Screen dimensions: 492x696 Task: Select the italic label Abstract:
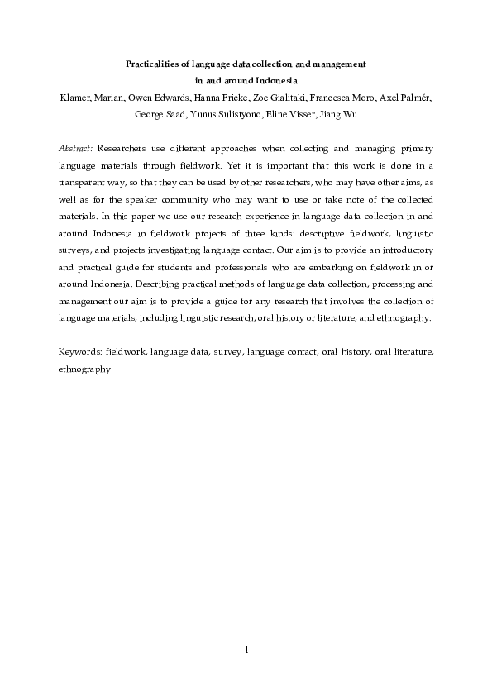(76, 150)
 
